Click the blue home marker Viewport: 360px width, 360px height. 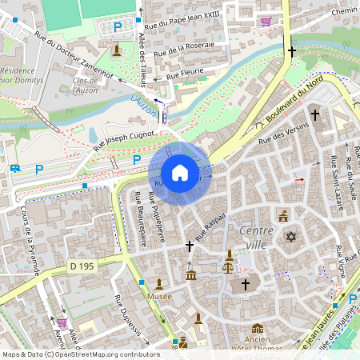coord(180,173)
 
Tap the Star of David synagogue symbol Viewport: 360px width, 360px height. coord(291,237)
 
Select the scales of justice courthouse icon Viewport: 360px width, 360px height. coord(230,257)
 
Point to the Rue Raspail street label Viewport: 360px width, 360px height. coord(212,227)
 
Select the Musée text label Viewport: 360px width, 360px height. coord(159,296)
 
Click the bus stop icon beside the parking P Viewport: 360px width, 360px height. coord(15,169)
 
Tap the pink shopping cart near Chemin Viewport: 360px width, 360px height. coord(265,22)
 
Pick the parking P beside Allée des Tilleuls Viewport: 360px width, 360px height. coord(118,27)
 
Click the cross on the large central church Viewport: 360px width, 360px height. coord(245,284)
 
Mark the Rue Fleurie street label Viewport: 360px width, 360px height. coord(185,74)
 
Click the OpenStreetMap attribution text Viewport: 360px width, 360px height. coord(81,354)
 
